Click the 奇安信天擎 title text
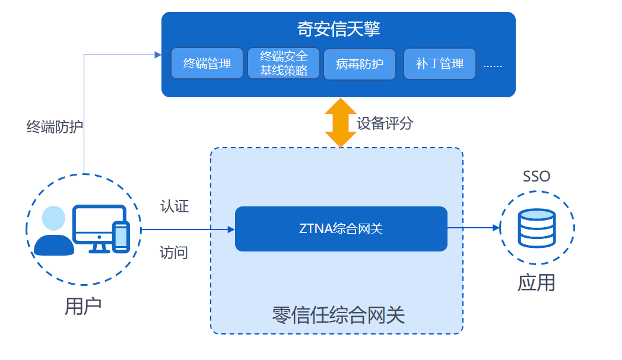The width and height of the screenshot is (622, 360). [338, 29]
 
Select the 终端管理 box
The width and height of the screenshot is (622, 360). [207, 63]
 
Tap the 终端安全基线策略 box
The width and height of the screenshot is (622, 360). [284, 63]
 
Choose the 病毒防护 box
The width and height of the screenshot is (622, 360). [360, 63]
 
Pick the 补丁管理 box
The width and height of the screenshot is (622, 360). [440, 63]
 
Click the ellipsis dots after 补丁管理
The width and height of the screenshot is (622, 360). [493, 65]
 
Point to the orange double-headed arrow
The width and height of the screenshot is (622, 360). [341, 123]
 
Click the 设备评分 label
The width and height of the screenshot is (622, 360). [385, 123]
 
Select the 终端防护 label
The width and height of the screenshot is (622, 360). [55, 126]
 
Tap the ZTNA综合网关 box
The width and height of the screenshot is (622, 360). [341, 229]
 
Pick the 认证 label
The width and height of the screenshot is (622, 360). [174, 206]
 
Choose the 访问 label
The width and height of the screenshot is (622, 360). [174, 253]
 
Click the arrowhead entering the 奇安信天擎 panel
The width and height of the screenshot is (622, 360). [158, 55]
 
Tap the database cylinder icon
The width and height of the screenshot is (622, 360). [537, 228]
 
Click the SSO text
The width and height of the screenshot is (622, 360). [536, 176]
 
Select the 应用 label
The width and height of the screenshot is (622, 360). [537, 282]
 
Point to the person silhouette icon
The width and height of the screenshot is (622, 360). [53, 232]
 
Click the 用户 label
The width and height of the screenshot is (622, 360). [83, 305]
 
